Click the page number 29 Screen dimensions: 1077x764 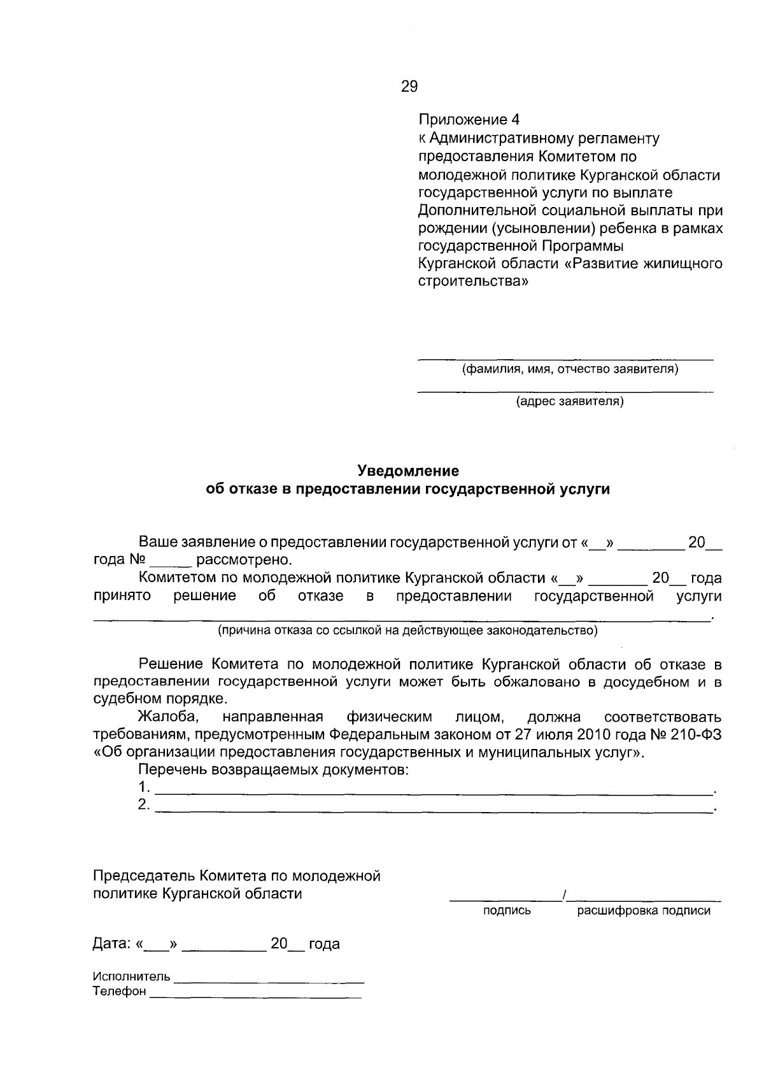[409, 87]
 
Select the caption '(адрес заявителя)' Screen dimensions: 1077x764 [570, 401]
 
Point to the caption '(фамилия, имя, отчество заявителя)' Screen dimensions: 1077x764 [570, 369]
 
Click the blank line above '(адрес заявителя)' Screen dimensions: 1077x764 [565, 390]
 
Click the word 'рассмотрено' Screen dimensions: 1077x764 [244, 560]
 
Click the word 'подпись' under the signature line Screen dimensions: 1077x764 [507, 911]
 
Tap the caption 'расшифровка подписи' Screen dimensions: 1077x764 [643, 911]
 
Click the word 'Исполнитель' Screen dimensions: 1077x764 [132, 976]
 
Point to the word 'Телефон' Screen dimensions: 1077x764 [120, 992]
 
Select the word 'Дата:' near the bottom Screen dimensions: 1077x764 [111, 944]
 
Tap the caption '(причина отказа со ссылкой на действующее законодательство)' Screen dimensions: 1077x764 [407, 631]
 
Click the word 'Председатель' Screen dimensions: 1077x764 [144, 876]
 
